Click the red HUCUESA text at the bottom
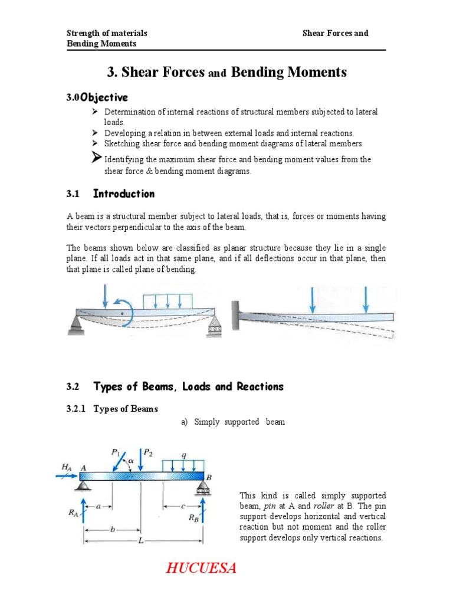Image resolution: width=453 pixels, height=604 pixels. coord(201,568)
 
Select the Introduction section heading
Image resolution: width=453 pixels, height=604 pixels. coord(124,194)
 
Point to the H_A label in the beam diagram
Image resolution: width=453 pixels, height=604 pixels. coord(66,467)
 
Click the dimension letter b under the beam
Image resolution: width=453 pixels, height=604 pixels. coord(113,529)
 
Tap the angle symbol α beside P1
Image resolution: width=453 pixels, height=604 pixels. coord(132,461)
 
